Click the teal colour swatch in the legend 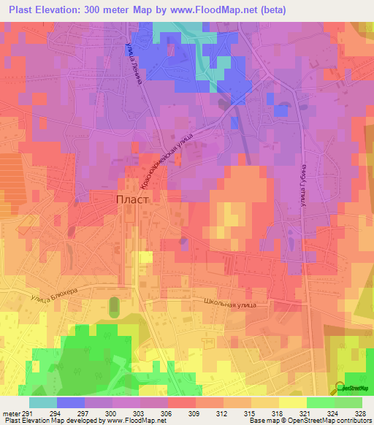[42, 402]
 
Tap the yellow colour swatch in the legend [292, 402]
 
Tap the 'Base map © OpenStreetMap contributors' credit [309, 421]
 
